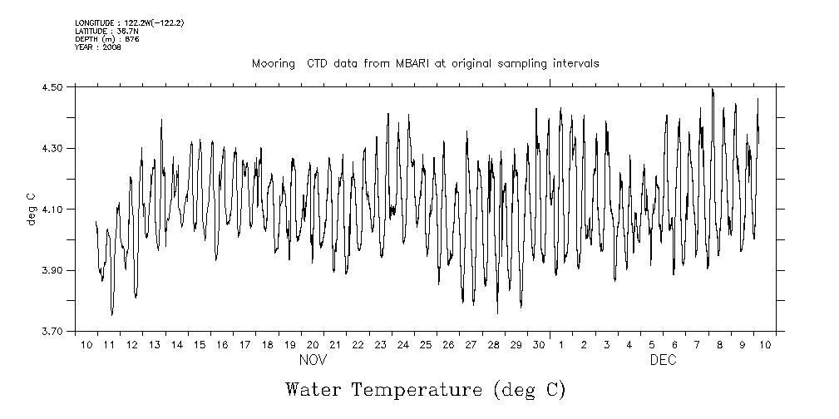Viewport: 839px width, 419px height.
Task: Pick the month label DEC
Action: (663, 360)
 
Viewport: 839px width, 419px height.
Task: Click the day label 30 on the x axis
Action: (539, 344)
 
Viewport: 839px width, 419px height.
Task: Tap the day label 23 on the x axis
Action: (380, 344)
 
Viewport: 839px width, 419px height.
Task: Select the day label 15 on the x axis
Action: (200, 344)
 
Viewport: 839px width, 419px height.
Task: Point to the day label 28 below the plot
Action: (493, 344)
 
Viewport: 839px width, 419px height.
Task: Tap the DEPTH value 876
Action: (131, 39)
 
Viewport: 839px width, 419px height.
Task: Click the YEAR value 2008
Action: (112, 47)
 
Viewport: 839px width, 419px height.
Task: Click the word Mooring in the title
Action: (271, 63)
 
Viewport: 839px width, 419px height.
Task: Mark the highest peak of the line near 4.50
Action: (713, 88)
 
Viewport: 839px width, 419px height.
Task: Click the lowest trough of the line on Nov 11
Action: (111, 315)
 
